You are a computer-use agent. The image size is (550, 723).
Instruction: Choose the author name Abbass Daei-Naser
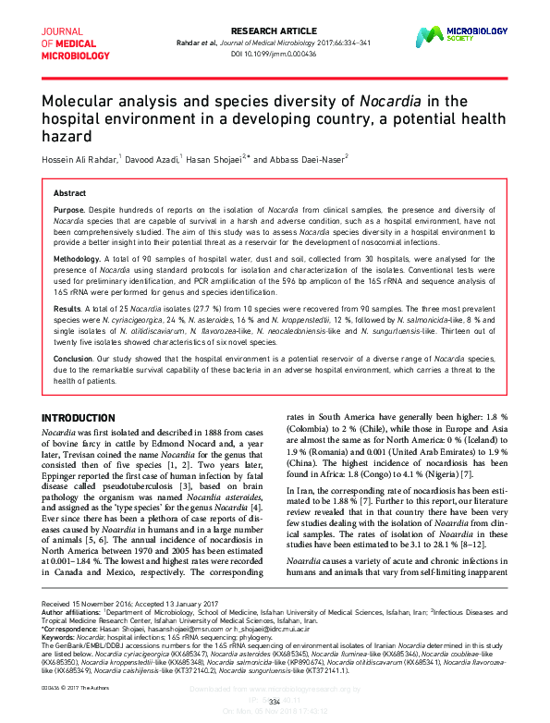(x=311, y=158)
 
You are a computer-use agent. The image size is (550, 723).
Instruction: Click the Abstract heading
(x=70, y=192)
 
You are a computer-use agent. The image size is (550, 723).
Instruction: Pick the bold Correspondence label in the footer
(x=71, y=630)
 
